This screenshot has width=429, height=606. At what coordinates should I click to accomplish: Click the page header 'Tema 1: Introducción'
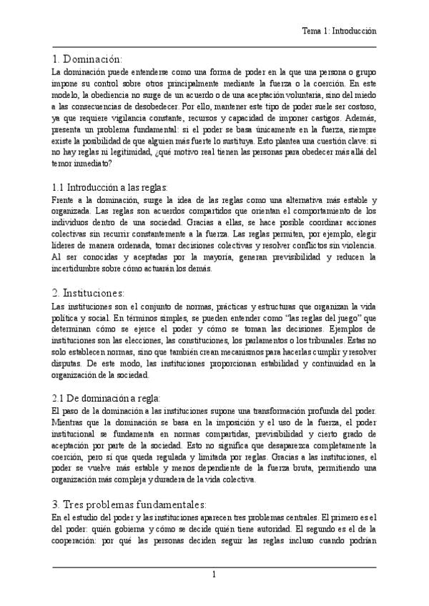pyautogui.click(x=339, y=32)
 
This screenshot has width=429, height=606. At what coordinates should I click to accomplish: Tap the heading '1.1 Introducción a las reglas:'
pyautogui.click(x=109, y=187)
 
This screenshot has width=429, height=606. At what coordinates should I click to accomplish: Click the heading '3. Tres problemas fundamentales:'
pyautogui.click(x=129, y=504)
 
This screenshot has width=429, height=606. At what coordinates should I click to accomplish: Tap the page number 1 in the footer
pyautogui.click(x=214, y=575)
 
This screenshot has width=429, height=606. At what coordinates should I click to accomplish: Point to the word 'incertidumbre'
pyautogui.click(x=84, y=269)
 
